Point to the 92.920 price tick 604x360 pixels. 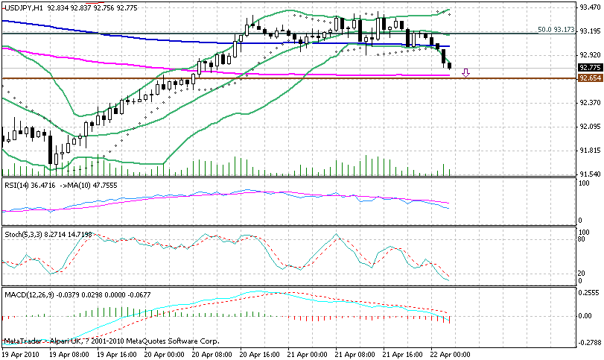coord(590,55)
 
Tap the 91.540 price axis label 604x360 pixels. coord(590,174)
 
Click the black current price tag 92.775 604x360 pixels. coord(590,67)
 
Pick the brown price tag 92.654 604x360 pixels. coord(590,78)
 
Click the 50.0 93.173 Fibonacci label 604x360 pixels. coord(556,31)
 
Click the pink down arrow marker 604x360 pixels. coord(466,73)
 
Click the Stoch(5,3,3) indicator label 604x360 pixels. coord(22,235)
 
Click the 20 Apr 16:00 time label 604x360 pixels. coord(261,355)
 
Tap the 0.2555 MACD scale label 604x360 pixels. coord(590,293)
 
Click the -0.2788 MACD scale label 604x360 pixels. coord(590,344)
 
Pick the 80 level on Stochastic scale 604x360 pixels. coord(582,240)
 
